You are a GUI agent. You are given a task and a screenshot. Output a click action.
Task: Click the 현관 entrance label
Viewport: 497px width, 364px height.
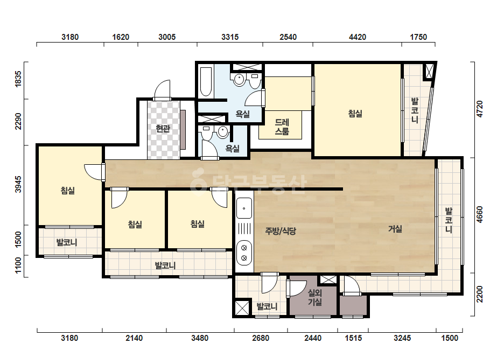click(163, 128)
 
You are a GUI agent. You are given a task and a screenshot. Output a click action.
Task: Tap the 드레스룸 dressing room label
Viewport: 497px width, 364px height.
click(282, 127)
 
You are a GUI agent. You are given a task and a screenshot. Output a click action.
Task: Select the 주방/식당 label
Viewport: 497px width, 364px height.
click(281, 231)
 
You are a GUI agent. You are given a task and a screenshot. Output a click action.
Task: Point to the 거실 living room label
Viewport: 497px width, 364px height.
click(395, 229)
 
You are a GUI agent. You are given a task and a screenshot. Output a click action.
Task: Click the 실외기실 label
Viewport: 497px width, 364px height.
click(315, 297)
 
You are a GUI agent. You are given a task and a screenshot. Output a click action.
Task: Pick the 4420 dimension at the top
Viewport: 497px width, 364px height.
click(358, 37)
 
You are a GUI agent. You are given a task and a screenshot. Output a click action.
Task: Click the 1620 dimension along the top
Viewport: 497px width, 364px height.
click(121, 37)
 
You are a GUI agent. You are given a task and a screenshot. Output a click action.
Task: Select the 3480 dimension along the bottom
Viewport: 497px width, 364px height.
click(200, 338)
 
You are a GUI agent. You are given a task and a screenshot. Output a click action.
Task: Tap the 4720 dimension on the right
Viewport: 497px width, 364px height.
click(480, 109)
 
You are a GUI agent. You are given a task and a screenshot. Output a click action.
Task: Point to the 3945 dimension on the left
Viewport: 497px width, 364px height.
click(18, 184)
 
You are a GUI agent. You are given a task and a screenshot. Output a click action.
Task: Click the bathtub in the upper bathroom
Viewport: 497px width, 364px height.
click(206, 81)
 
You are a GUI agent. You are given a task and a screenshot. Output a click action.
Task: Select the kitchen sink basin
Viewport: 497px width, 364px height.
click(244, 208)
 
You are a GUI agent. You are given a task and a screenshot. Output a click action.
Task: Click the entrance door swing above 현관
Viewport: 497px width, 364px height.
click(162, 90)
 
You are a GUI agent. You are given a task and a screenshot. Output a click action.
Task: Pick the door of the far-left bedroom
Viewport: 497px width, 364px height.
click(94, 172)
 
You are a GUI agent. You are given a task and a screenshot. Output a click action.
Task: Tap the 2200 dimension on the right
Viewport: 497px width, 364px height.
click(480, 294)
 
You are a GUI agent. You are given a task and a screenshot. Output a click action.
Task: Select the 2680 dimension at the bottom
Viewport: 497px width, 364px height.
click(261, 338)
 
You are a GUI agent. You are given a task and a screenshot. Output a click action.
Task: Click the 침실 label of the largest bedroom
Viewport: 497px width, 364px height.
click(355, 113)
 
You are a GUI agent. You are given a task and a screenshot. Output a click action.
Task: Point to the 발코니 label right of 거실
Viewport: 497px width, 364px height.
click(449, 220)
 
